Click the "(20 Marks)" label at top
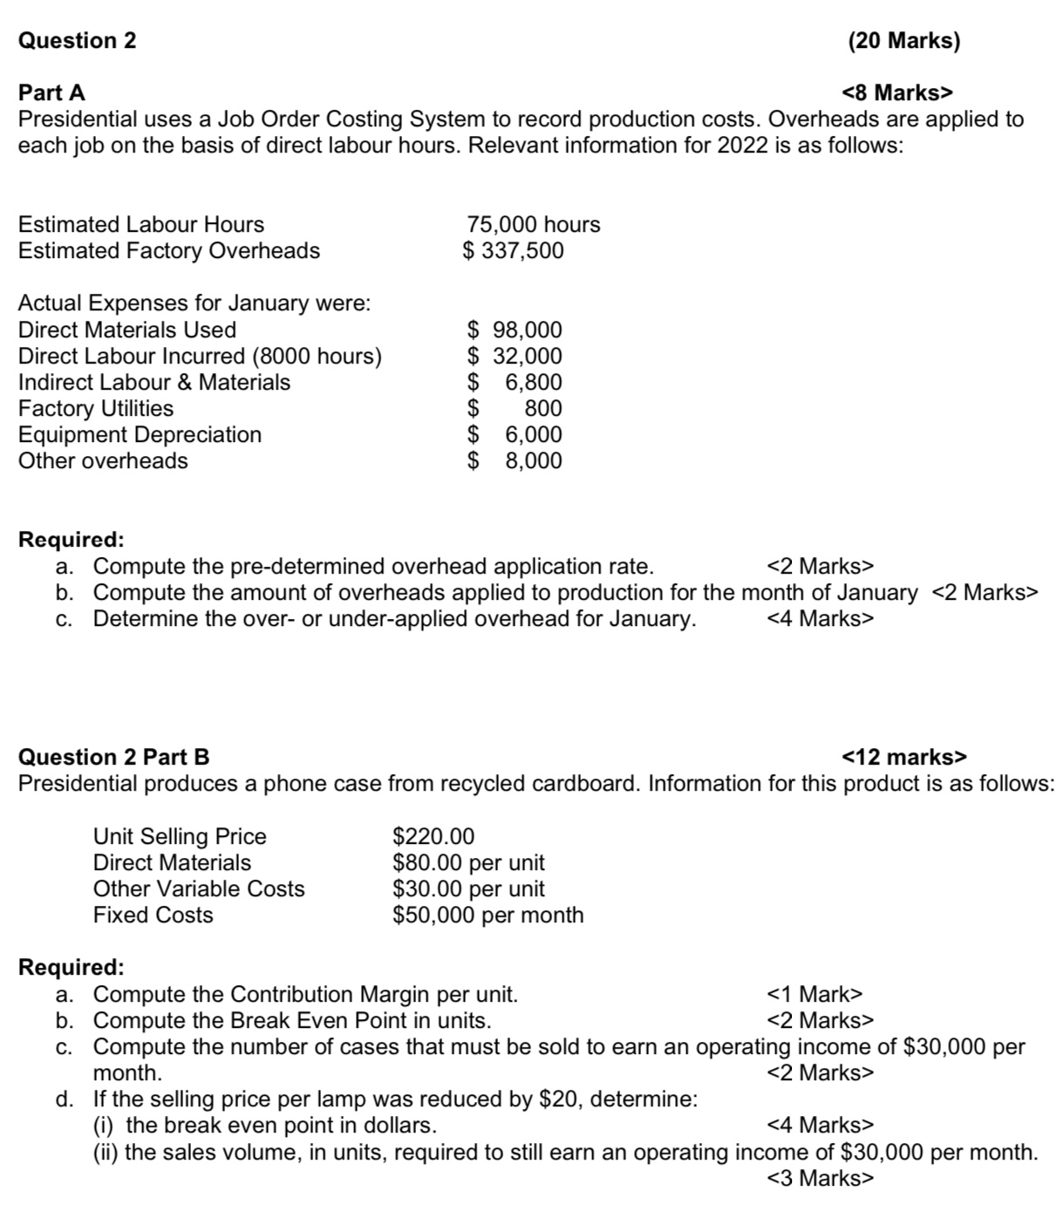point(903,41)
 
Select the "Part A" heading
point(52,92)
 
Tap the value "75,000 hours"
point(534,224)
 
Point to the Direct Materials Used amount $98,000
point(515,330)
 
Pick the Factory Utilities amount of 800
point(542,408)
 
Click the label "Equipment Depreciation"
point(140,434)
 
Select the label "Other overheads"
point(103,460)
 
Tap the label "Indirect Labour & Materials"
point(154,382)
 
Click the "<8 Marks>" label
point(897,92)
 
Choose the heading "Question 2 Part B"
point(114,757)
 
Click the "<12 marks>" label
point(904,757)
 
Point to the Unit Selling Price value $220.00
point(433,836)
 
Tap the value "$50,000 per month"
point(488,915)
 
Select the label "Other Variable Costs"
point(199,888)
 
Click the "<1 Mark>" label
point(814,994)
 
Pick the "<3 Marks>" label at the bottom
point(820,1178)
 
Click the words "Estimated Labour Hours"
point(141,224)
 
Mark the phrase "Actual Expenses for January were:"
point(194,303)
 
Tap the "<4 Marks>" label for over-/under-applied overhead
point(820,618)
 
